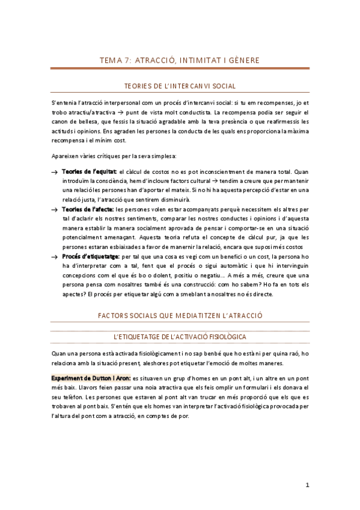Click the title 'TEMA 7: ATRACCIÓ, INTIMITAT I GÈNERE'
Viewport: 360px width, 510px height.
pyautogui.click(x=180, y=60)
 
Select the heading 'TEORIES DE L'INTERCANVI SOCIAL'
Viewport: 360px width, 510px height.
pyautogui.click(x=180, y=87)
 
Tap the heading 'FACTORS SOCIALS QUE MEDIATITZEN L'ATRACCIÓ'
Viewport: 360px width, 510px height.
pyautogui.click(x=180, y=315)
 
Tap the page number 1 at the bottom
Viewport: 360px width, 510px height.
pyautogui.click(x=307, y=485)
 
